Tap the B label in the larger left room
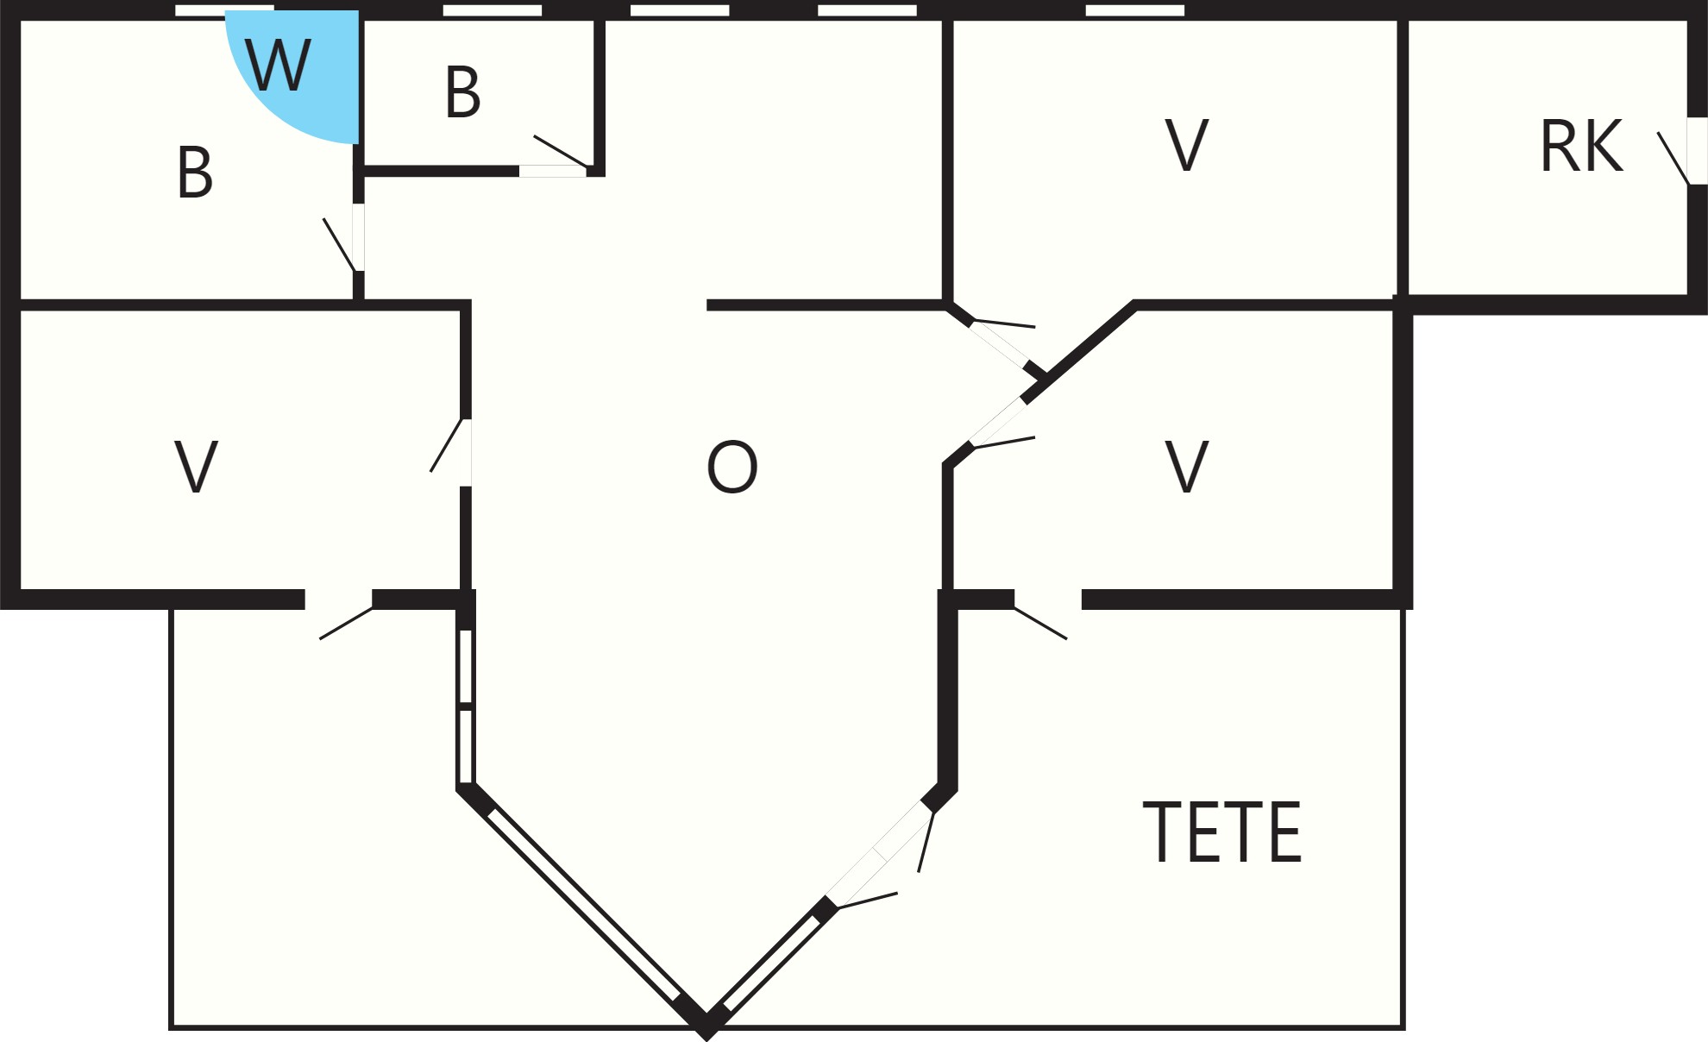195,173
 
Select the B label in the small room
462,91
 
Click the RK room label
1581,147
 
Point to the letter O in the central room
732,467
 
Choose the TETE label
1222,832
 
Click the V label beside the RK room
1187,146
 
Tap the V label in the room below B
196,467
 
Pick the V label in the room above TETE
1187,467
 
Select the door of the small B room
556,160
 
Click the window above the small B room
493,10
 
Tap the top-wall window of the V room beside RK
1135,10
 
